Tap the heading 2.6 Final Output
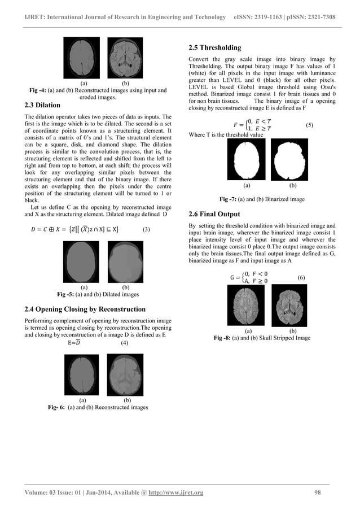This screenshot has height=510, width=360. point(214,214)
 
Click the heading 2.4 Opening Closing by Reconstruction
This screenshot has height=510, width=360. point(86,309)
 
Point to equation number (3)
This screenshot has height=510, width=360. point(146,230)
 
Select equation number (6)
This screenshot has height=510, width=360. point(301,278)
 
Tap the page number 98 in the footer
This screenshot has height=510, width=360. point(318,493)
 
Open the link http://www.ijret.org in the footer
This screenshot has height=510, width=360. point(175,493)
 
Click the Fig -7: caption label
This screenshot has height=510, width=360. point(229,199)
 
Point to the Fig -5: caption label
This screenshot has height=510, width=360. point(68,295)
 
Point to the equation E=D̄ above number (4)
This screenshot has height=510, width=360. point(74,342)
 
